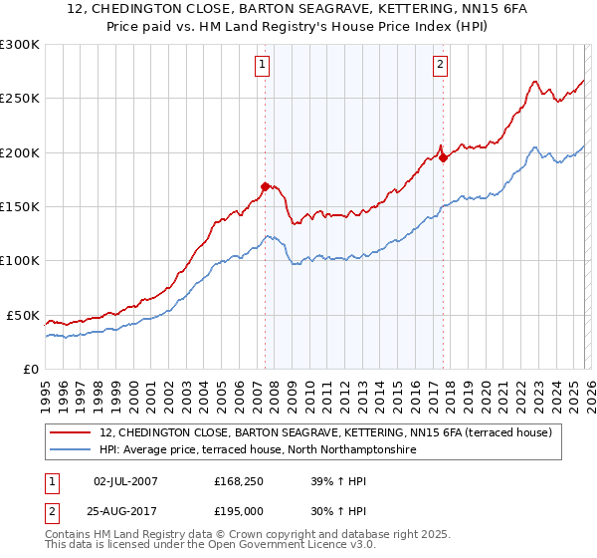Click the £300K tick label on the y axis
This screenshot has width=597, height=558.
20,45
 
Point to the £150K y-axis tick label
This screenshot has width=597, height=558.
20,207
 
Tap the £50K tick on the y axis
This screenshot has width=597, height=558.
24,315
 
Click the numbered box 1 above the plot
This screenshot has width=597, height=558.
263,66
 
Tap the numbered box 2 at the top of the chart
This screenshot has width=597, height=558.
440,66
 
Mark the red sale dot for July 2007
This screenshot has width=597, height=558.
265,185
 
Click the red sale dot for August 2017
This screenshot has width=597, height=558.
443,157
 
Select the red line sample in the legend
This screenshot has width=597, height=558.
72,432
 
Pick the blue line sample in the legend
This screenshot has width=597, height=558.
72,450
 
